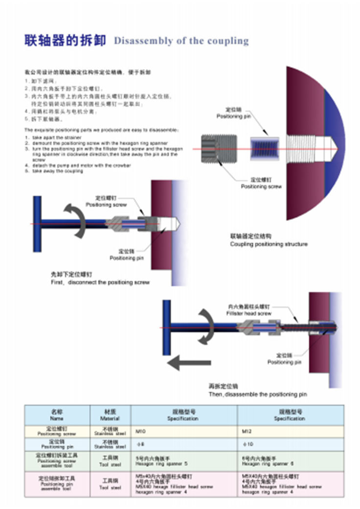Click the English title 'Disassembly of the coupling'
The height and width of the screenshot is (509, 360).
coord(181,41)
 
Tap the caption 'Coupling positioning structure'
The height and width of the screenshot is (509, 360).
coord(269,244)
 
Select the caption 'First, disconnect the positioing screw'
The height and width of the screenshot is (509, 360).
coord(100,282)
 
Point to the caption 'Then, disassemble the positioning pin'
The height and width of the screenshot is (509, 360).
coord(258,394)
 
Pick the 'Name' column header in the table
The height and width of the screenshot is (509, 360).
coord(57,416)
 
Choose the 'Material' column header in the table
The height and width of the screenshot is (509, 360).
coord(110,416)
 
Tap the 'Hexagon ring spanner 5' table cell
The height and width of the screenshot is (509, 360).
coord(184,461)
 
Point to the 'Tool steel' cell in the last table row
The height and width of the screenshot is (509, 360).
coord(110,485)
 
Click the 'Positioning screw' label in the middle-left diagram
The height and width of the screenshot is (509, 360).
coord(106,204)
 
